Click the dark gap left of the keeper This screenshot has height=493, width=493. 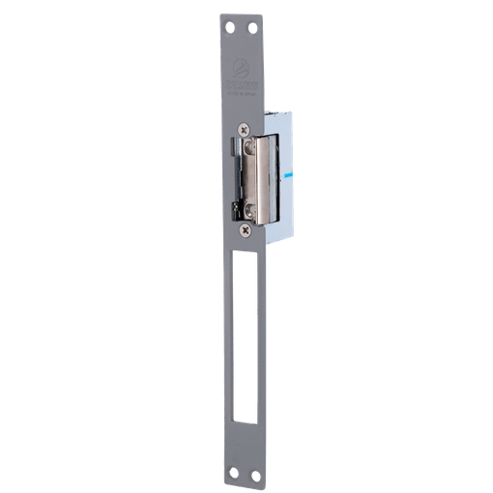click(x=238, y=178)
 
